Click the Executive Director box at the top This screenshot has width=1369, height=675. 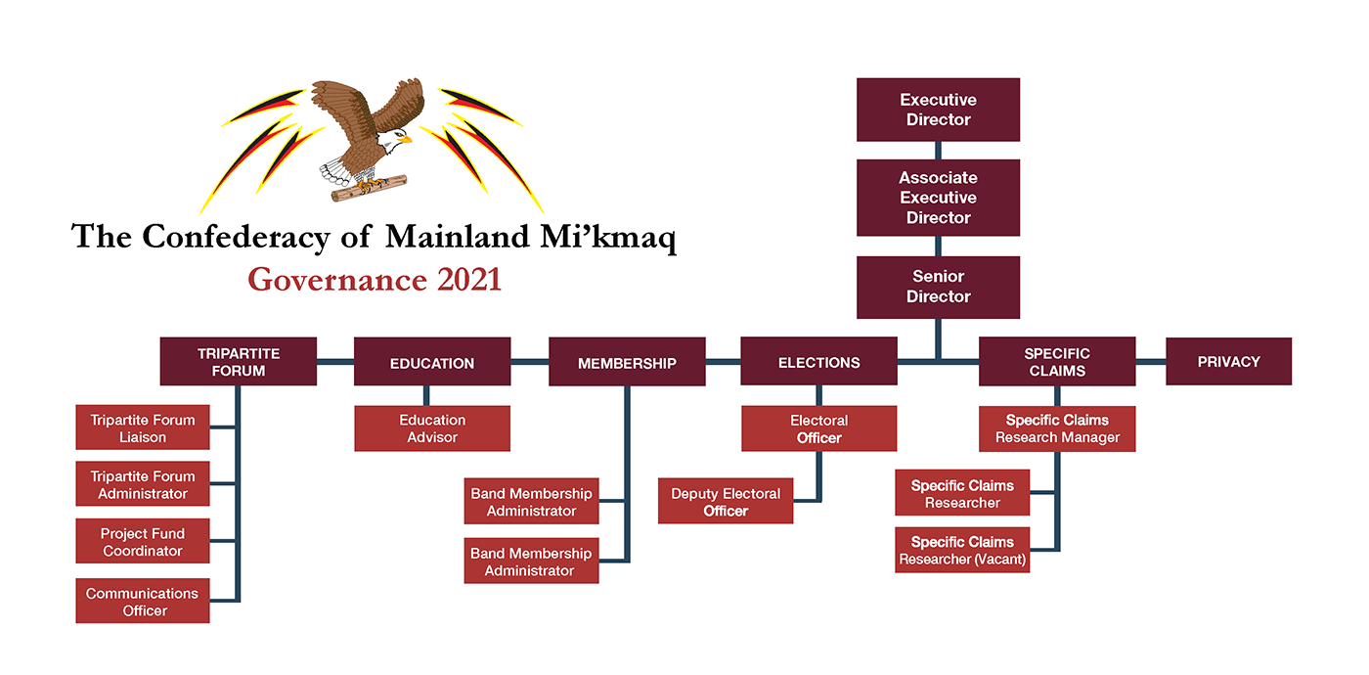tap(938, 110)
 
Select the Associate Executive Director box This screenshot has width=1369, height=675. tap(938, 198)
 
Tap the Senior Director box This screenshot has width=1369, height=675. tap(938, 287)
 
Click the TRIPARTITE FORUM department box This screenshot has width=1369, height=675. tap(238, 362)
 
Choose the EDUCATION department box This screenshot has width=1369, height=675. tap(431, 363)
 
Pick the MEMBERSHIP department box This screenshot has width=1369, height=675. tap(626, 363)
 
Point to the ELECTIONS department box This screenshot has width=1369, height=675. tap(818, 362)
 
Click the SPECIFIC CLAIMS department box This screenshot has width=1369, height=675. tap(1056, 362)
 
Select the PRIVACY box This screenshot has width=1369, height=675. tap(1228, 361)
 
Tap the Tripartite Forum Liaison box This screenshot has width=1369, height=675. tap(143, 428)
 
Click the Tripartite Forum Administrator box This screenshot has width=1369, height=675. tap(143, 485)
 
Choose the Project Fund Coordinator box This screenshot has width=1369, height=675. tap(143, 542)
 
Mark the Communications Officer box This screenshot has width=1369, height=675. tap(143, 602)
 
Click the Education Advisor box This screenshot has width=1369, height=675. tap(431, 428)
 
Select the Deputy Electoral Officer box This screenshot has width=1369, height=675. tap(725, 502)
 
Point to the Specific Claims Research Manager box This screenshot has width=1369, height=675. tap(1056, 428)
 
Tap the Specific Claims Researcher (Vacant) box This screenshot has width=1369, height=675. tap(962, 550)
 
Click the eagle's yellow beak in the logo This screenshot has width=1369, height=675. tap(404, 140)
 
